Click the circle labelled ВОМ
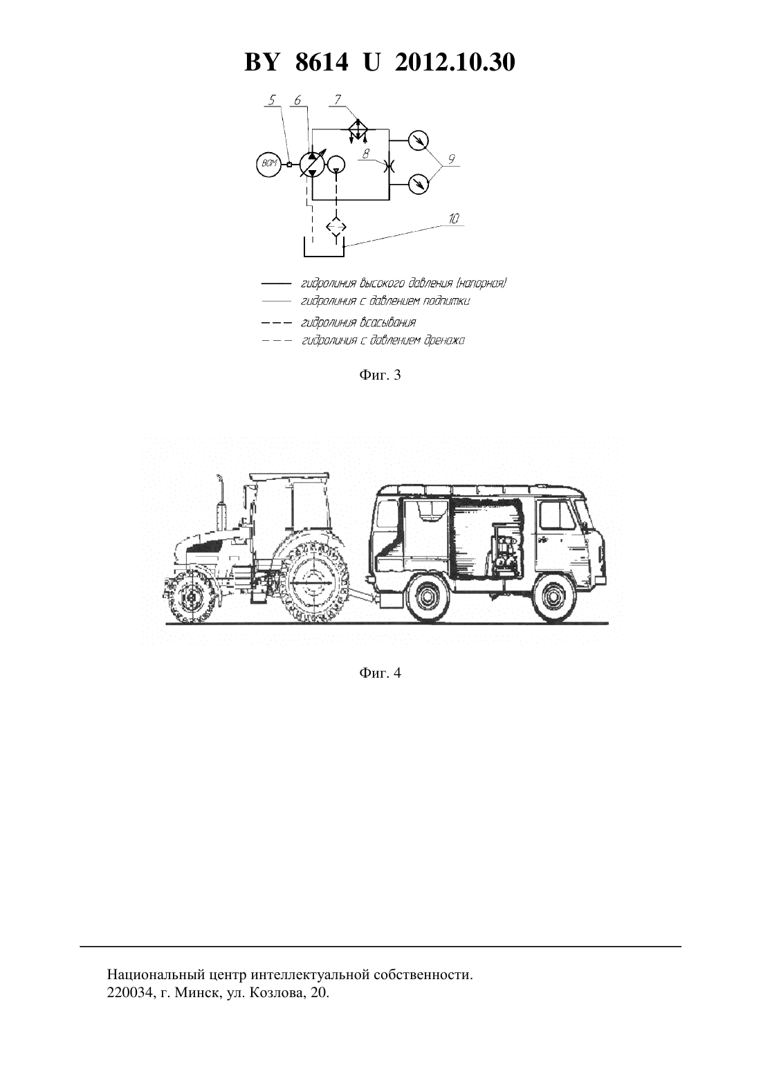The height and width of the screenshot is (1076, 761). point(268,165)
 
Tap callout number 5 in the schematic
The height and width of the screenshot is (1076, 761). point(273,100)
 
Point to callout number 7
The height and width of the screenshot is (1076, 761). point(338,100)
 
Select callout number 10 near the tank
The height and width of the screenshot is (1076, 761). point(454,219)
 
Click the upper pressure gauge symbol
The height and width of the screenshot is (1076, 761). point(419,140)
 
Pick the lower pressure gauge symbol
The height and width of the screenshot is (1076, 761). point(419,183)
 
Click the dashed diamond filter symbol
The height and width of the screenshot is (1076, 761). point(336,227)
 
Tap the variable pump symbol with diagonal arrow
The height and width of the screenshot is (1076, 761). point(312,164)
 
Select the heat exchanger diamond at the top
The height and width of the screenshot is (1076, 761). point(358,129)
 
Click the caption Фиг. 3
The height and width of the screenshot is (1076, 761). point(380,375)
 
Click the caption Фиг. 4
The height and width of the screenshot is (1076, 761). point(380,673)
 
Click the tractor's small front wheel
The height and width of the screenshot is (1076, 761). point(192,597)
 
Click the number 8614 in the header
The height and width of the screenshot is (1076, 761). point(322,62)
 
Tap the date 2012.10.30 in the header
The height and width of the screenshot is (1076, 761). point(455,62)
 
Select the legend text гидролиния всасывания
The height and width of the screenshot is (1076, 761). point(358,322)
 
